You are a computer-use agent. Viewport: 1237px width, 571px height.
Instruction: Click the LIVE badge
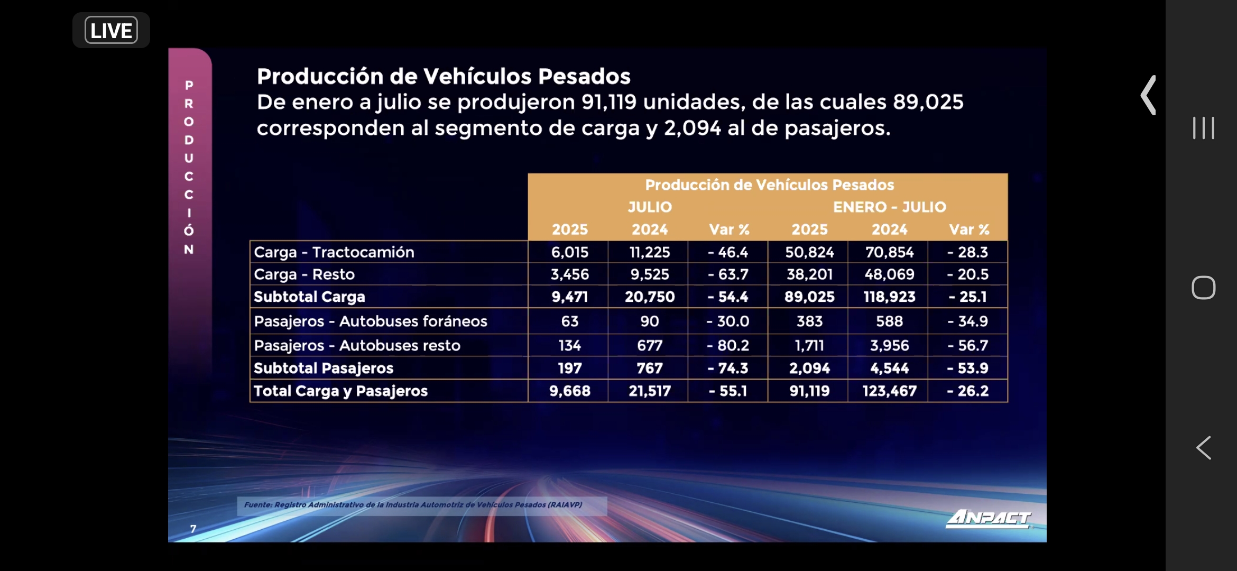pos(111,31)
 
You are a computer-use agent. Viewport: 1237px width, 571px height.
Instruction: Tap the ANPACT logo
pos(988,518)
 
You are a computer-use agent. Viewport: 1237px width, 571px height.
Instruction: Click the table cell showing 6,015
pos(569,252)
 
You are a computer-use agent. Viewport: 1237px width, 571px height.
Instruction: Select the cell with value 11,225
pos(649,252)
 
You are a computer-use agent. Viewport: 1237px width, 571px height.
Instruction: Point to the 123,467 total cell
pos(889,391)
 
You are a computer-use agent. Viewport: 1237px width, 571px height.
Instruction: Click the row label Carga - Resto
pos(304,274)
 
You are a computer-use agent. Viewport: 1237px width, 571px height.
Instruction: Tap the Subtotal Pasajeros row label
pos(324,368)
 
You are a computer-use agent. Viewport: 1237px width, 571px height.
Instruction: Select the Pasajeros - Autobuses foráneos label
pos(371,321)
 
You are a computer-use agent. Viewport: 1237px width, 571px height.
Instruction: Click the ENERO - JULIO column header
pos(889,207)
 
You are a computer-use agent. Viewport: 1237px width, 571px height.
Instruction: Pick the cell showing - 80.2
pos(728,345)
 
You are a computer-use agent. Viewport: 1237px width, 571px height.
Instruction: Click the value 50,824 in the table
pos(809,252)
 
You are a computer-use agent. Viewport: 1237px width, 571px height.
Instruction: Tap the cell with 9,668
pos(569,391)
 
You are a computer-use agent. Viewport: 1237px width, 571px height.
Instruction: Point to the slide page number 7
pos(193,529)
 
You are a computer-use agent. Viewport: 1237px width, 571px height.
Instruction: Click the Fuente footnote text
pos(413,505)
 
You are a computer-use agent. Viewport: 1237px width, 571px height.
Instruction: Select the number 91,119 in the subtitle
pos(609,102)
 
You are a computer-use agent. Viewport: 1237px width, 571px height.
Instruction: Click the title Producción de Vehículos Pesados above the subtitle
pos(444,76)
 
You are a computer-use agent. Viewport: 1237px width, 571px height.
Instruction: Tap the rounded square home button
pos(1203,288)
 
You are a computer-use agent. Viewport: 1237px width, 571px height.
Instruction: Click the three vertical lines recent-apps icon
pos(1203,128)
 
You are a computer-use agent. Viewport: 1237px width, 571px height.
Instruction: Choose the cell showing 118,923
pos(889,297)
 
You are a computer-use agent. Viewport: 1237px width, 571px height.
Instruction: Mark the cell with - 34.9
pos(967,321)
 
